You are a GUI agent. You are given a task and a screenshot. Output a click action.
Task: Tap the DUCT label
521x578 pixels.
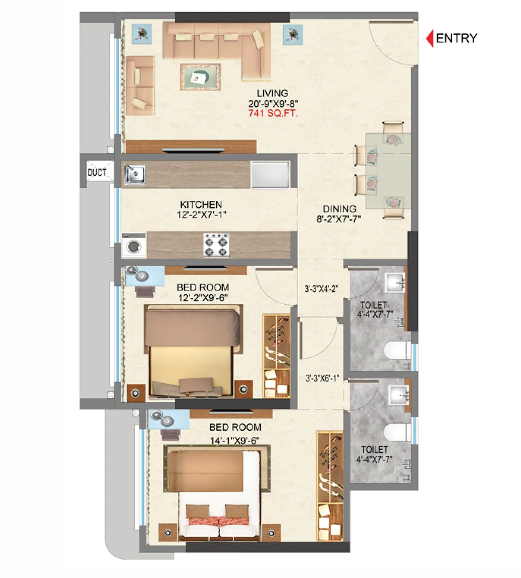(x=97, y=172)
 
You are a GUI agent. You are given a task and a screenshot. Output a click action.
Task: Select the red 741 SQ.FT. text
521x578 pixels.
(x=273, y=114)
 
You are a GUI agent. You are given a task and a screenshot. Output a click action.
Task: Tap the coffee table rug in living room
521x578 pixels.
(x=200, y=77)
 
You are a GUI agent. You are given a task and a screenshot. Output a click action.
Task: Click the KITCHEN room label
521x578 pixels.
(x=201, y=204)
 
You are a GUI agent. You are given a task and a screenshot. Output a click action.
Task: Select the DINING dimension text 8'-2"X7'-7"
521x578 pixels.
(x=339, y=219)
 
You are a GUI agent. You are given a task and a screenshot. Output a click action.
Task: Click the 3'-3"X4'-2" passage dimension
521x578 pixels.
(x=321, y=289)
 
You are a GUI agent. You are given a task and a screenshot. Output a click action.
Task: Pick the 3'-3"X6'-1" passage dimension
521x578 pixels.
(x=322, y=378)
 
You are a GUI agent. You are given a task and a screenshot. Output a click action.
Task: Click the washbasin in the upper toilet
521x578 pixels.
(x=395, y=282)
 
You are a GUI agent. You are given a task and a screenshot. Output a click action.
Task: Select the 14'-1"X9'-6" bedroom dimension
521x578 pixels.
(x=235, y=441)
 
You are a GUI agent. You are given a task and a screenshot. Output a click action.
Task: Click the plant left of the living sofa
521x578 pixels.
(x=142, y=34)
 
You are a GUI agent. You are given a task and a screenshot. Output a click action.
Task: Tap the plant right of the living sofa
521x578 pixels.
(x=293, y=34)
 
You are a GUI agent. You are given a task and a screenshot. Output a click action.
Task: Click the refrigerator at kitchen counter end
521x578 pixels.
(x=270, y=174)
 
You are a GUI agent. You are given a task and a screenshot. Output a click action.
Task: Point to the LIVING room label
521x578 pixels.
(x=272, y=93)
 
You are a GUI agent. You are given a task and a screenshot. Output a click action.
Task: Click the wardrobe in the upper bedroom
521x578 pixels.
(x=276, y=356)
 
